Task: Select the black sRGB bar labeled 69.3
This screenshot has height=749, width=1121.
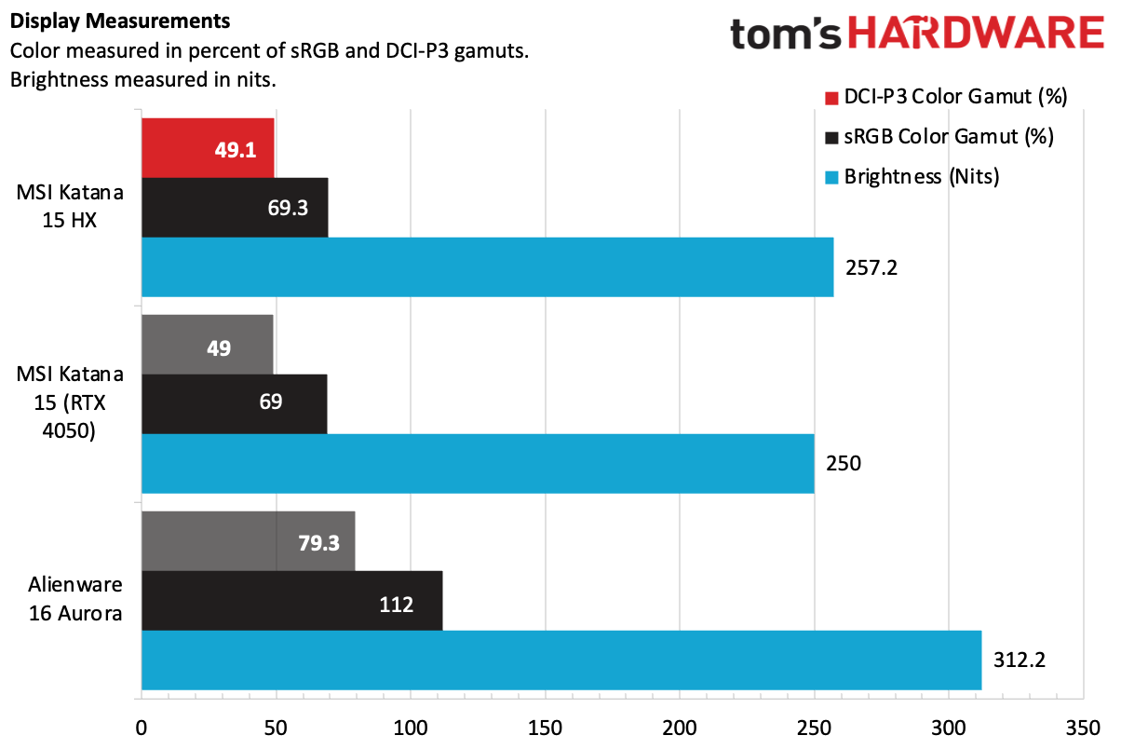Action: pos(235,207)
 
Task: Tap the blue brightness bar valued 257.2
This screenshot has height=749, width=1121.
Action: pos(487,266)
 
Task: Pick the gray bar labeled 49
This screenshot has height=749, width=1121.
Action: pos(207,345)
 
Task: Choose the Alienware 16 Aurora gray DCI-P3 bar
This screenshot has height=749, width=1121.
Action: pos(248,541)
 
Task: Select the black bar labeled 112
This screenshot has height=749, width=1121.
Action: pos(291,601)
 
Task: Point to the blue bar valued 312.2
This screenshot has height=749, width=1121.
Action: pos(561,660)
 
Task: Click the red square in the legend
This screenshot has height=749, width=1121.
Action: pos(831,97)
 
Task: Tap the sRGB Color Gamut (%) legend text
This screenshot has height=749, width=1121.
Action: pos(948,137)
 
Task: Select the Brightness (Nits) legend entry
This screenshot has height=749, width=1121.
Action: pos(921,177)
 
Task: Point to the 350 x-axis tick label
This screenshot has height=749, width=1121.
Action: pos(1083,727)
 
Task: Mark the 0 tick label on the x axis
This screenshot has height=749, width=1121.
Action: pos(142,727)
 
